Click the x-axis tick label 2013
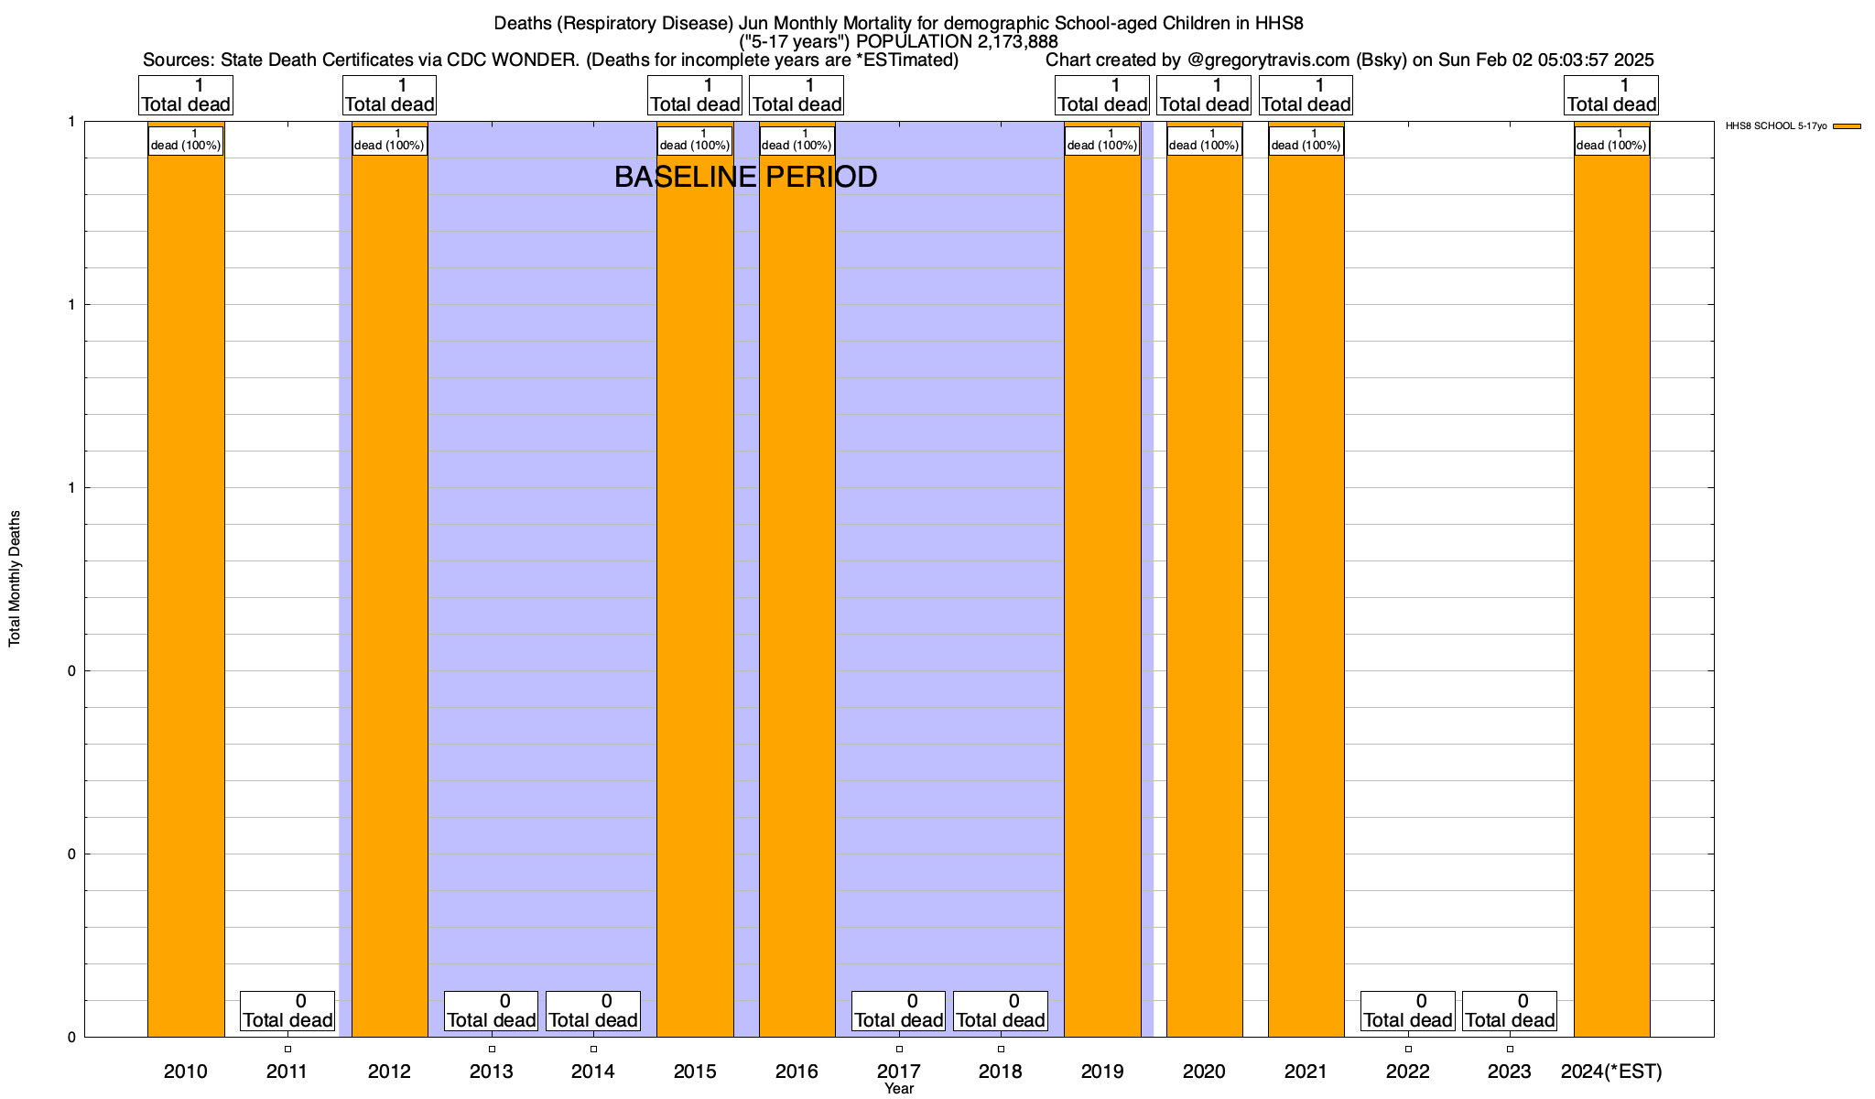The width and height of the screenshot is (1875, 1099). click(492, 1072)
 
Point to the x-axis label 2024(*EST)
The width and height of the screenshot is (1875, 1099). click(1611, 1072)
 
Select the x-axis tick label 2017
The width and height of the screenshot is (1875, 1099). click(899, 1072)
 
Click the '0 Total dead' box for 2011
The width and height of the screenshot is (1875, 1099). click(287, 1011)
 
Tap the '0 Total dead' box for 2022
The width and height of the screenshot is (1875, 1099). click(1408, 1011)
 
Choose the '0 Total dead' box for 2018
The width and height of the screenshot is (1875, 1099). click(1001, 1011)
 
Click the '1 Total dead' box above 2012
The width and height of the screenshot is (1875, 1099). click(390, 95)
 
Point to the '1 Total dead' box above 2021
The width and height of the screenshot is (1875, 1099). click(1306, 95)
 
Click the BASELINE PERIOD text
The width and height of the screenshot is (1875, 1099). click(745, 177)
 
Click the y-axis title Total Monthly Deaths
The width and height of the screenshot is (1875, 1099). click(15, 579)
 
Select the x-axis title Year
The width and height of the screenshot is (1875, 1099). click(899, 1089)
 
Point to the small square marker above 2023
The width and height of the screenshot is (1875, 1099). click(1510, 1050)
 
